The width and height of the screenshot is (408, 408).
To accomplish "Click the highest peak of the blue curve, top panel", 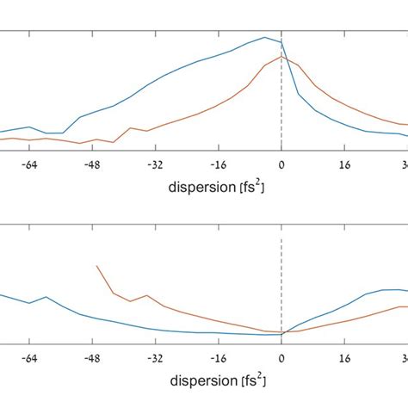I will (x=265, y=37).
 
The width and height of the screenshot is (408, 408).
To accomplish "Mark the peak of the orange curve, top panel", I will (x=281, y=57).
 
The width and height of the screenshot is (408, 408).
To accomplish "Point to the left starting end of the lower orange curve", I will (x=97, y=266).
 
